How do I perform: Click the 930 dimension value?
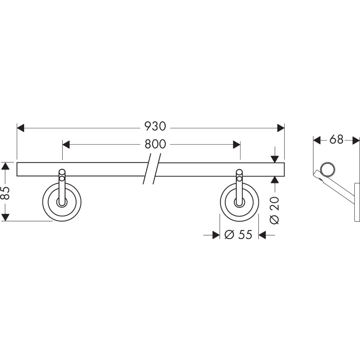[x=155, y=126]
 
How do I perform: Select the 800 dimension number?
[x=155, y=144]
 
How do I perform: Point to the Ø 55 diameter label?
[x=238, y=235]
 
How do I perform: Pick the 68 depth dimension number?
[x=336, y=139]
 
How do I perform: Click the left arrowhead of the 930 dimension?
[x=21, y=128]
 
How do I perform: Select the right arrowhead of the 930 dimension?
[x=281, y=128]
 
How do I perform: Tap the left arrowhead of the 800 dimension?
[x=66, y=145]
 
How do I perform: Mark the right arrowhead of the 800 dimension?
[x=237, y=145]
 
